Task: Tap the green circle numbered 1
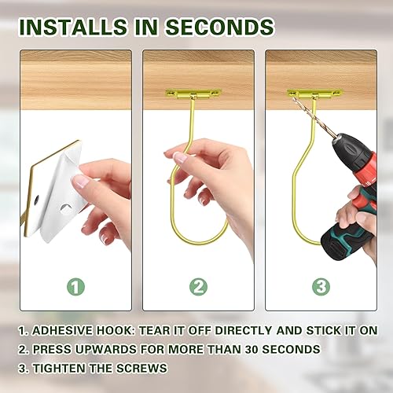coord(75,286)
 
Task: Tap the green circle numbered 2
coord(196,286)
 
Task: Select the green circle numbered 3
coord(319,286)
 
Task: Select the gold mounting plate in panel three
coord(314,94)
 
